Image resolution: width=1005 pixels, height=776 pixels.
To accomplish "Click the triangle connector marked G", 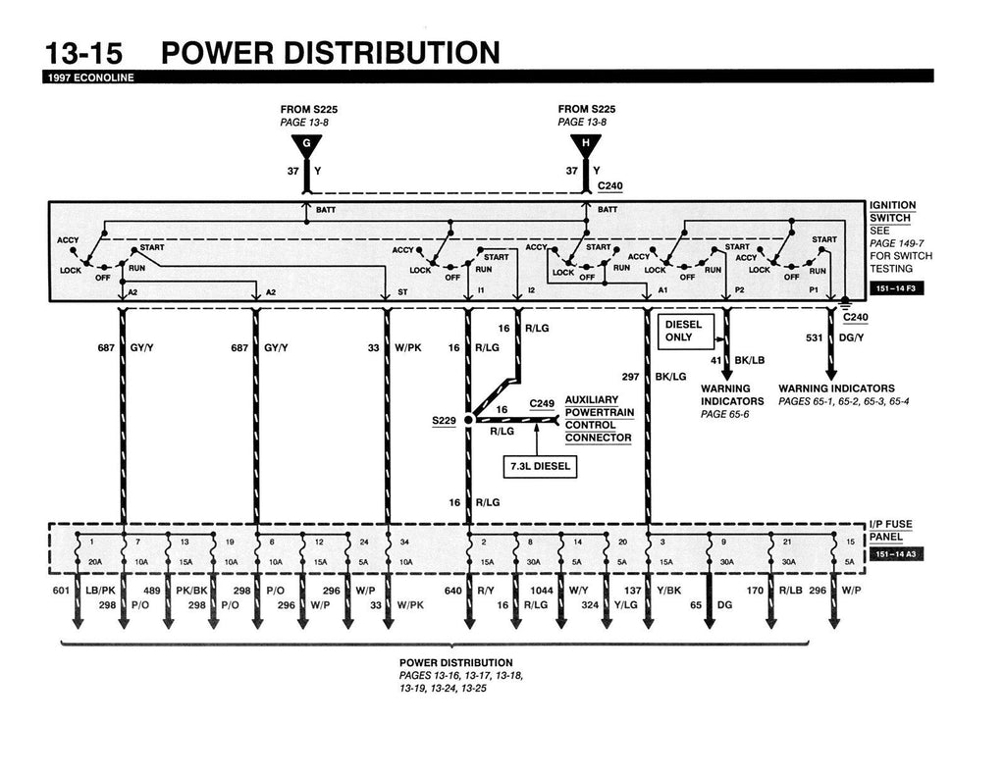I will point(306,146).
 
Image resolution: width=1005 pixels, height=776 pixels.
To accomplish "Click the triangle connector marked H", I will point(586,146).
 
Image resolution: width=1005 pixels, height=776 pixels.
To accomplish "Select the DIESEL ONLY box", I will point(685,331).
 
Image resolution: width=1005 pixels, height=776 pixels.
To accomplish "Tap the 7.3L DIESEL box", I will point(539,467).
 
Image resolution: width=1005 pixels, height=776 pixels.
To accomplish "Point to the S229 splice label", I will point(445,420).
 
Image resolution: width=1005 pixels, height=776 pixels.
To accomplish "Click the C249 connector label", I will point(542,403).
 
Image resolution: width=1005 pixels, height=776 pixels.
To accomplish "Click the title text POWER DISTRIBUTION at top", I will point(330,53).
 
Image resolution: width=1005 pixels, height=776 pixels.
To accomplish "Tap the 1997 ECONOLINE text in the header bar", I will point(88,78).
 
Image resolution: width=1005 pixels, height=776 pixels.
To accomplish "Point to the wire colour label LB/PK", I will point(101,591).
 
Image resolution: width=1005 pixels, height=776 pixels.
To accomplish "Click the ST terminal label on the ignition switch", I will point(402,292).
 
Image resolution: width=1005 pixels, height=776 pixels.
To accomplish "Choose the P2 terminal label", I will point(739,292).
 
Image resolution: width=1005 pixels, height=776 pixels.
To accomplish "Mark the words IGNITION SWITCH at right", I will point(892,211).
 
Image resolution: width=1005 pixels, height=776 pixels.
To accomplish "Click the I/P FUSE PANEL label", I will point(891,530).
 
